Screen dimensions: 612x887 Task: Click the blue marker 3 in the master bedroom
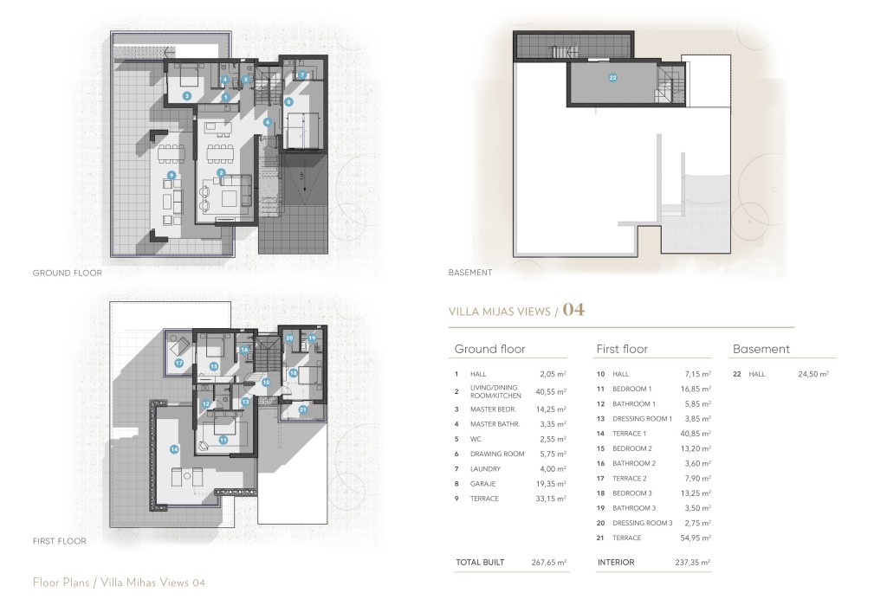coord(187,96)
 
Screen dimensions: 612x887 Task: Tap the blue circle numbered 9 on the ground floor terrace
coord(172,176)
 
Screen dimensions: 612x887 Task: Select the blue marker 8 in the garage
coord(288,102)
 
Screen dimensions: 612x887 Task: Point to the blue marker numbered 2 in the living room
coord(222,172)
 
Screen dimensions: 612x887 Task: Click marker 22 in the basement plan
coord(613,78)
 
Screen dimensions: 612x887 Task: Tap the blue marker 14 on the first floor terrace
coord(174,448)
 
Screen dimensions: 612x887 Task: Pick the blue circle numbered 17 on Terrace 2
coord(178,364)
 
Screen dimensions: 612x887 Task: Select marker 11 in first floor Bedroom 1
coord(223,440)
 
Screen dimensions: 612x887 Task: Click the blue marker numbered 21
coord(302,409)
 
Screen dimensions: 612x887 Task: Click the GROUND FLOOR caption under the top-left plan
coord(68,273)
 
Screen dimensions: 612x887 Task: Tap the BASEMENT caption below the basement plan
coord(470,273)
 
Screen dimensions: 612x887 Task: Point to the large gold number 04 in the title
coord(573,310)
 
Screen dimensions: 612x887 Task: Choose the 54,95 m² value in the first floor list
coord(694,538)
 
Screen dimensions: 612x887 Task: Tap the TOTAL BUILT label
coord(480,563)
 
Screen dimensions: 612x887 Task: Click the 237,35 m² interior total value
coord(694,563)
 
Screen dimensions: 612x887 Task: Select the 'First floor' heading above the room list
coord(622,349)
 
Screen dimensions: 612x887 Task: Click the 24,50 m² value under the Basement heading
coord(813,374)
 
